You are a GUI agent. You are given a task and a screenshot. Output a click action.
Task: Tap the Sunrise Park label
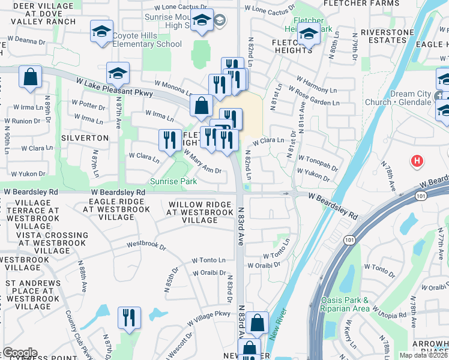pyautogui.click(x=173, y=181)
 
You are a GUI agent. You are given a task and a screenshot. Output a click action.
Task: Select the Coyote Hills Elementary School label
pyautogui.click(x=147, y=40)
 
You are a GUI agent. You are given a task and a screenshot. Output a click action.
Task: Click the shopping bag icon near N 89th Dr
pyautogui.click(x=29, y=78)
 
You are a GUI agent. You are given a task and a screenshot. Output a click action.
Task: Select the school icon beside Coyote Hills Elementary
pyautogui.click(x=101, y=31)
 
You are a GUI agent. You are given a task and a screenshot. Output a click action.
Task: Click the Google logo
pyautogui.click(x=20, y=353)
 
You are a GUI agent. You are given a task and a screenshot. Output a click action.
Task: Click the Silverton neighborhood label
pyautogui.click(x=85, y=137)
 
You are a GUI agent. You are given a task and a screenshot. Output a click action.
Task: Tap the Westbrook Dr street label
pyautogui.click(x=146, y=245)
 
